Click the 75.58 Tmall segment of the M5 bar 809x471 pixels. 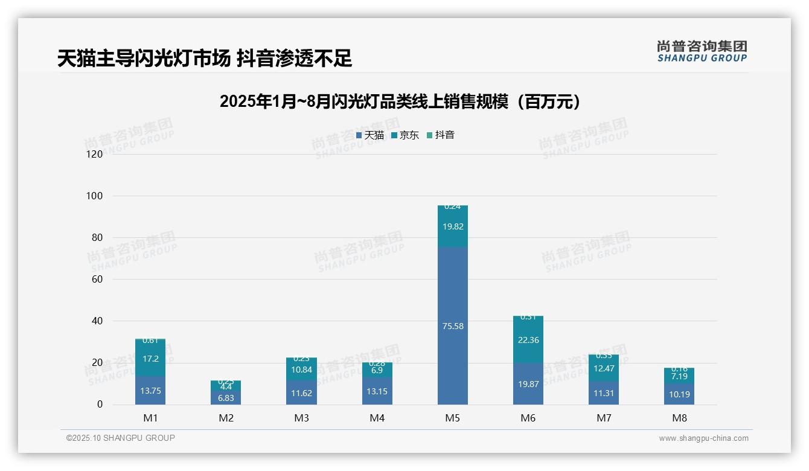452,326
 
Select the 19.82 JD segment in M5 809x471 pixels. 452,226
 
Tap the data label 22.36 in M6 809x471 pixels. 528,340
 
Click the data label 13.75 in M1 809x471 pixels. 150,391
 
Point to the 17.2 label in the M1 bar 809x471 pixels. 150,359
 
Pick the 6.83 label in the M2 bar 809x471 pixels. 226,398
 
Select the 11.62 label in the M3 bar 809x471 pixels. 301,393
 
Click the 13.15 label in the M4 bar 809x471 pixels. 377,391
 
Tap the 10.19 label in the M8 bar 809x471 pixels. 679,394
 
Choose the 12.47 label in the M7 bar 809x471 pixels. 604,368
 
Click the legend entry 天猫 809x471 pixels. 370,135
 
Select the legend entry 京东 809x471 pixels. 405,135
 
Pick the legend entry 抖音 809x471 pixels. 441,135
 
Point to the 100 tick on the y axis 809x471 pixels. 94,196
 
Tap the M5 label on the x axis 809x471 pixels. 452,418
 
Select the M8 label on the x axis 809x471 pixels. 679,418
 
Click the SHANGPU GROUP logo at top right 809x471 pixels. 702,51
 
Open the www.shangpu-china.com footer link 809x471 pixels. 703,438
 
